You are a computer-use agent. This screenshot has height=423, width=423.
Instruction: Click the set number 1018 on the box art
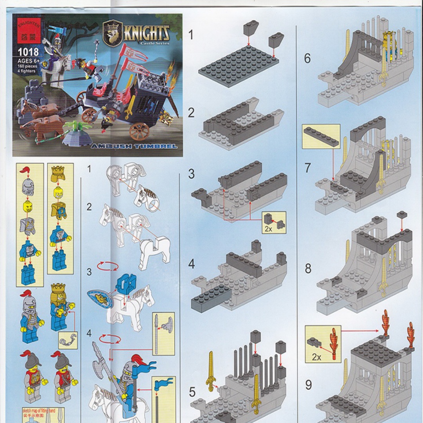28,52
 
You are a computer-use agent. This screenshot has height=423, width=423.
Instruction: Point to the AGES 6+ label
28,61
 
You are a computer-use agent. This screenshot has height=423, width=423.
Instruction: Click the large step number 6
307,58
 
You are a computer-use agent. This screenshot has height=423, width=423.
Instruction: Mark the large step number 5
192,391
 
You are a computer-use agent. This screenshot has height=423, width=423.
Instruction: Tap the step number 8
308,269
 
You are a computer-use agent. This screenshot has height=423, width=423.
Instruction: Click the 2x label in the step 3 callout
268,229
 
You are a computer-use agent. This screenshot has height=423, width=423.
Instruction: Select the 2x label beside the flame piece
316,357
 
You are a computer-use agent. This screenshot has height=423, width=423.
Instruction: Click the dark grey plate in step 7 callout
320,137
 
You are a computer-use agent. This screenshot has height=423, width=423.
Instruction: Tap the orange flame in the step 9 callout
334,343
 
